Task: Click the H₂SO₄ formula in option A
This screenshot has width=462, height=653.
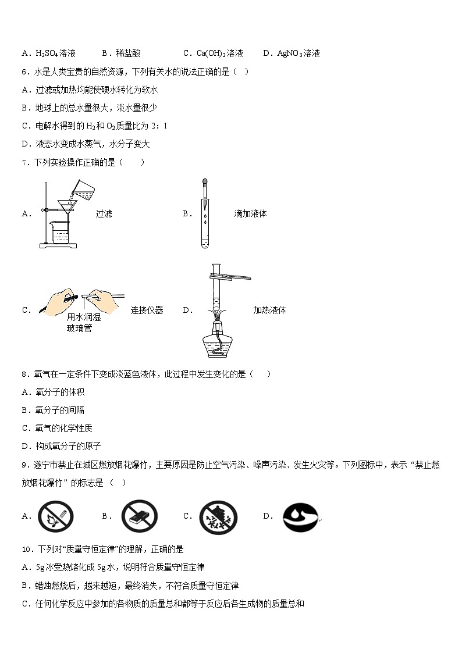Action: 47,53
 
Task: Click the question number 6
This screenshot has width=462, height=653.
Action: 24,72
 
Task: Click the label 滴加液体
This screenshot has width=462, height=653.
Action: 250,213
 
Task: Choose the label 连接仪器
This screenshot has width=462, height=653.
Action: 147,310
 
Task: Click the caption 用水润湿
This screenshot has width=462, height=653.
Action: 84,317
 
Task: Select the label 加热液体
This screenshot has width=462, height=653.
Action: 269,310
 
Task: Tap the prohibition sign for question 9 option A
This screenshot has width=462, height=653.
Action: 56,516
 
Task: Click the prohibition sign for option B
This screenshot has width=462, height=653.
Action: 139,516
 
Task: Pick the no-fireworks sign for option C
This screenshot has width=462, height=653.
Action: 218,516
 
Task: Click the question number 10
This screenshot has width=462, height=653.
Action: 26,549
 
